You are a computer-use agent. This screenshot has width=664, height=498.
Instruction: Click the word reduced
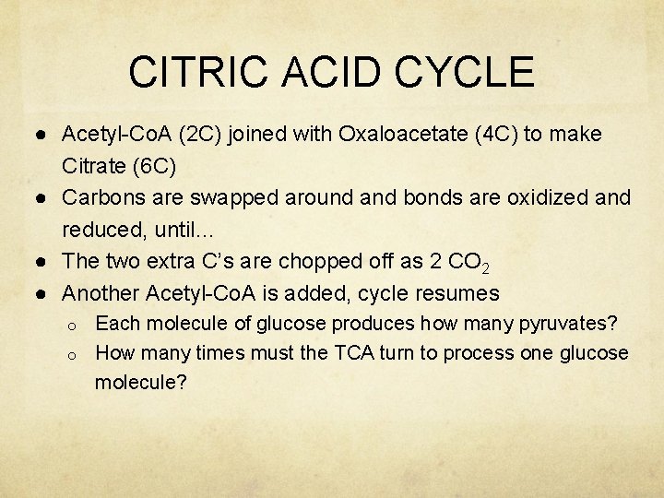(x=101, y=231)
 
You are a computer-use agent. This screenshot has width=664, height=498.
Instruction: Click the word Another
(x=100, y=293)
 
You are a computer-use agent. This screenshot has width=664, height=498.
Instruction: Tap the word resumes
(x=456, y=294)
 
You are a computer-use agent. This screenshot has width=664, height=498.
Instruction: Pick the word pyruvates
(x=565, y=324)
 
